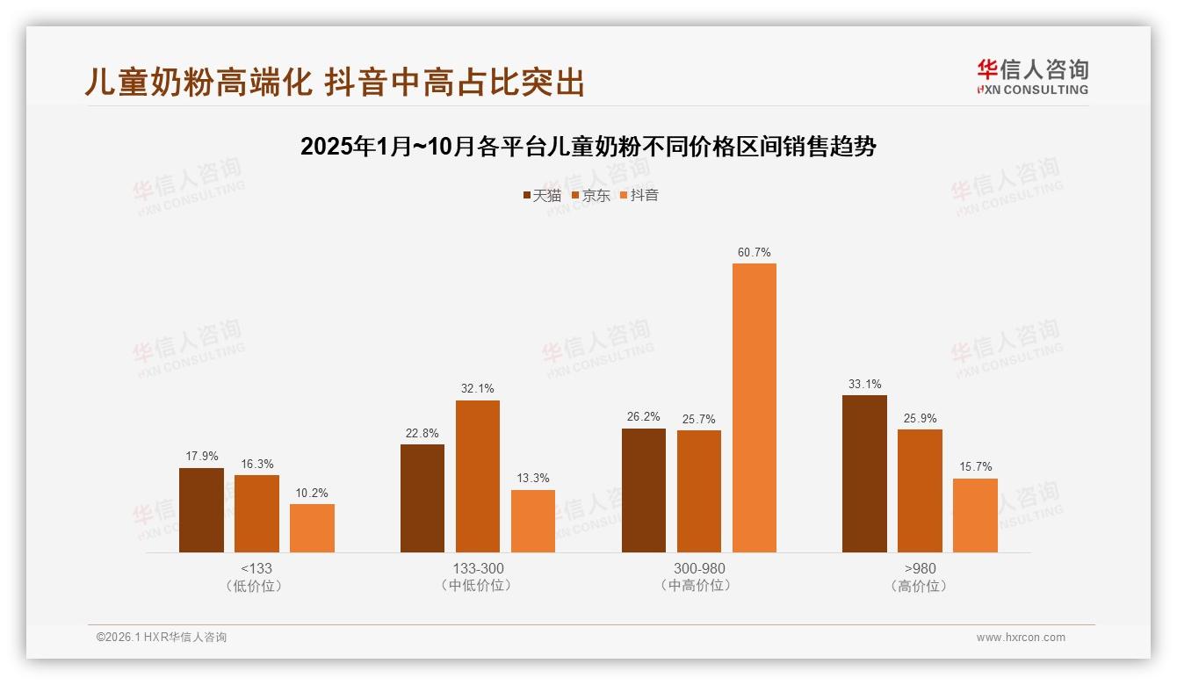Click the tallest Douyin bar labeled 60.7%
click(755, 407)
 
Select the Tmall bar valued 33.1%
click(864, 473)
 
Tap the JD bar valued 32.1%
click(477, 476)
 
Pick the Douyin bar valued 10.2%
click(312, 528)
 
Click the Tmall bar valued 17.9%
click(201, 510)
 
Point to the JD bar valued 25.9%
click(920, 491)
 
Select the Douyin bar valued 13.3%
click(533, 521)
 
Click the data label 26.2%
click(643, 417)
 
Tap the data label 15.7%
click(975, 466)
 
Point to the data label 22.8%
click(422, 433)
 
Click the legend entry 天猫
click(542, 195)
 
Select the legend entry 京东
click(591, 195)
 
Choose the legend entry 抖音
click(639, 195)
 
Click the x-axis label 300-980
click(699, 568)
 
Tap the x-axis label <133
click(256, 568)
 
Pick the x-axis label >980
click(920, 568)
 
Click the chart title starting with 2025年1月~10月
click(588, 147)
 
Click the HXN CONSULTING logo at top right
click(1032, 76)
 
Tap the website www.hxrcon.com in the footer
click(1021, 638)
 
